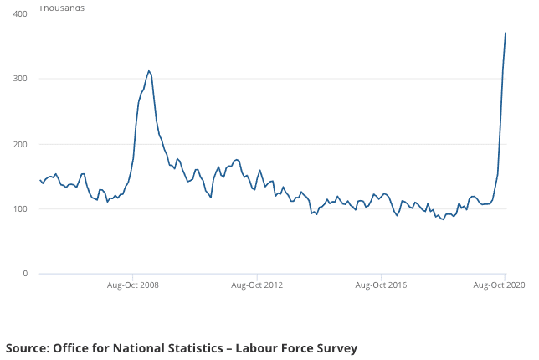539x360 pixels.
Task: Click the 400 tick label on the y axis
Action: pos(20,13)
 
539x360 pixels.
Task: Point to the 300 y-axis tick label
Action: pos(20,79)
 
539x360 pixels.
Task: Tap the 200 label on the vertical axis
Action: pos(20,144)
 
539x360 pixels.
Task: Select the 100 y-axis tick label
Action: pos(20,209)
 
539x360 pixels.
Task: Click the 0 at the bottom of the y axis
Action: pos(25,274)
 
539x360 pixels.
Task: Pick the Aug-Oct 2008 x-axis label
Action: pos(133,285)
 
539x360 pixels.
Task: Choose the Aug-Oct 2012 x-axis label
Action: pos(257,285)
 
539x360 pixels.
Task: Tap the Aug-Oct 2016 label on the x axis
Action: pos(381,285)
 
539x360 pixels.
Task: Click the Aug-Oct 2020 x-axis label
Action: pos(501,285)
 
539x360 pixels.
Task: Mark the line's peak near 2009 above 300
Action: pos(149,71)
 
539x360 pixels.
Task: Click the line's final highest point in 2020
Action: pos(506,33)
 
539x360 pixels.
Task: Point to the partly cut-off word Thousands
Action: pos(62,8)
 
